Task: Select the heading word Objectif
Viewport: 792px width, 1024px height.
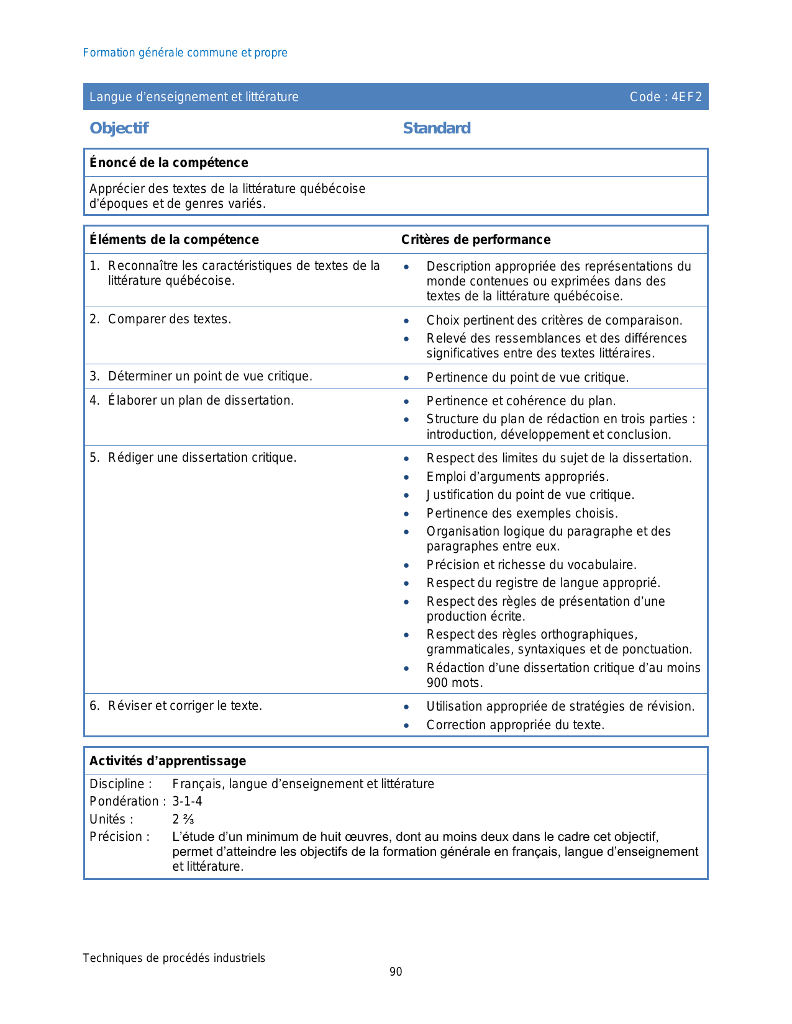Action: (x=119, y=128)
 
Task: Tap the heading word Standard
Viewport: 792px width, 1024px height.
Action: (x=437, y=128)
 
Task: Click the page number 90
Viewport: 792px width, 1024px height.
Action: (x=396, y=972)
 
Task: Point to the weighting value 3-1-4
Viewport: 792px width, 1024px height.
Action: (x=187, y=801)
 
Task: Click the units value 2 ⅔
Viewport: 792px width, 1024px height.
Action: (x=183, y=819)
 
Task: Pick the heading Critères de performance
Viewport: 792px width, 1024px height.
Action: (x=476, y=240)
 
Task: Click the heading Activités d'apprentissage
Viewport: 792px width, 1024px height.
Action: (x=168, y=761)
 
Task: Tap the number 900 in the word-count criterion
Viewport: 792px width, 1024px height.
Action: (x=437, y=683)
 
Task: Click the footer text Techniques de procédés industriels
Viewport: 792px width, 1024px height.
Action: (x=174, y=958)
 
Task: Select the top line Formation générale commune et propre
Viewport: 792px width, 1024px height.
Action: (x=185, y=53)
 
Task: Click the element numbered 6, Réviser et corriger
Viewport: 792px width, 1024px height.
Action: (x=184, y=706)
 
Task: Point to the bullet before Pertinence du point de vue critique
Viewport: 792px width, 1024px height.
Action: (x=406, y=378)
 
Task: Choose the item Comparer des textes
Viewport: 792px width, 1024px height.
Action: (x=169, y=319)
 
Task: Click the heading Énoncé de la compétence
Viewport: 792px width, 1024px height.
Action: (x=169, y=163)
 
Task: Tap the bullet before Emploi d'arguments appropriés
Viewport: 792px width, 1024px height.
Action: (x=406, y=477)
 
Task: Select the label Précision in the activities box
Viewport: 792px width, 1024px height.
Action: (x=119, y=837)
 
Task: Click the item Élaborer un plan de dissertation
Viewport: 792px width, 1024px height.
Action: (x=200, y=400)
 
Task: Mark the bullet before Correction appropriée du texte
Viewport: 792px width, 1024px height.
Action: (x=406, y=725)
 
